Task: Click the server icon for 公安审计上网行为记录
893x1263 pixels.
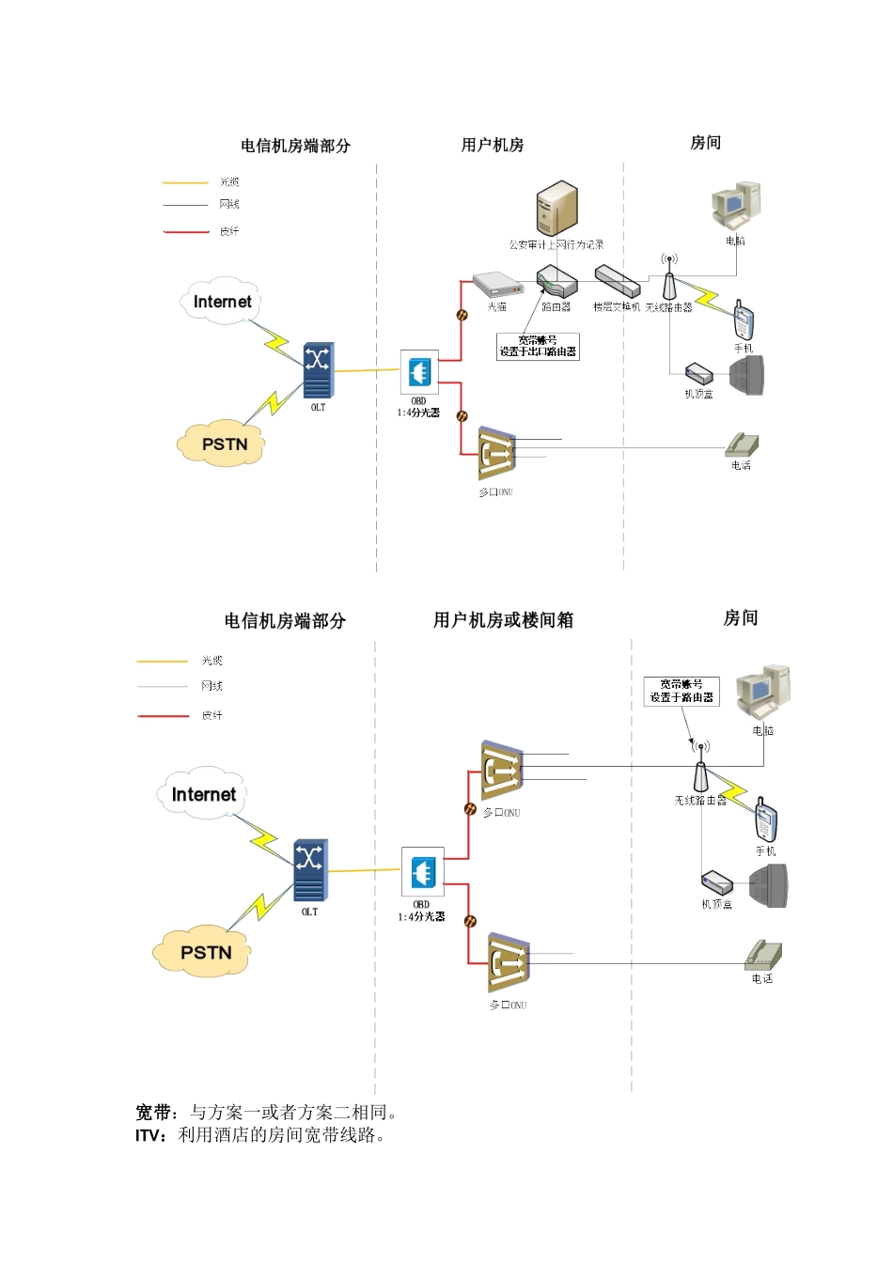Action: pyautogui.click(x=556, y=209)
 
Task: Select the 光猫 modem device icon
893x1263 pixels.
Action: pyautogui.click(x=496, y=285)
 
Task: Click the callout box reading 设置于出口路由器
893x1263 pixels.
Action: pyautogui.click(x=538, y=346)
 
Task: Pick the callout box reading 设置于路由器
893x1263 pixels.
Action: pyautogui.click(x=681, y=691)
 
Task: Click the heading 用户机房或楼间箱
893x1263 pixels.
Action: pyautogui.click(x=503, y=620)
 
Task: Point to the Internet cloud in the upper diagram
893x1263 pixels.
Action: pyautogui.click(x=222, y=301)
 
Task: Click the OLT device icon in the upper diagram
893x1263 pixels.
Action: pyautogui.click(x=318, y=371)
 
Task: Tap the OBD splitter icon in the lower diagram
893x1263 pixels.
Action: pyautogui.click(x=421, y=872)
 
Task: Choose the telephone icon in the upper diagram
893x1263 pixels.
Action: pyautogui.click(x=742, y=444)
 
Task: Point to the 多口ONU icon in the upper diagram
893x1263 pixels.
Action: pyautogui.click(x=495, y=455)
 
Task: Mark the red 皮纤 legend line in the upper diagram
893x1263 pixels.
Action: pyautogui.click(x=185, y=231)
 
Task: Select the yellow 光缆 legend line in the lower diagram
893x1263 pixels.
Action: pyautogui.click(x=163, y=662)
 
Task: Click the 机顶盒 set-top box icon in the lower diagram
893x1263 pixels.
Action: pyautogui.click(x=716, y=883)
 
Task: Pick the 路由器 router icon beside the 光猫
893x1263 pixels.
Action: pyautogui.click(x=556, y=282)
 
